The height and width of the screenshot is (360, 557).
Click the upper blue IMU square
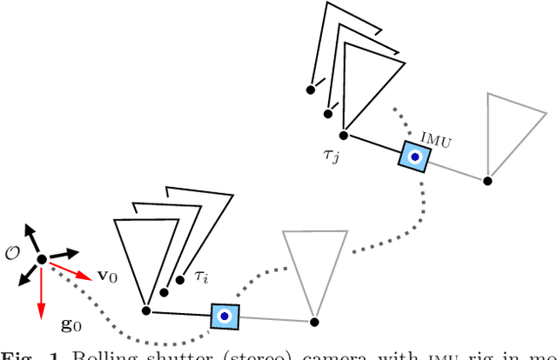click(x=415, y=157)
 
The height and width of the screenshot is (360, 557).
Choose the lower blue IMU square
click(x=225, y=315)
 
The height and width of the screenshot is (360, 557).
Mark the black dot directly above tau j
click(x=344, y=135)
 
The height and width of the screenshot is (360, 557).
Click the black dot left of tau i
click(x=178, y=280)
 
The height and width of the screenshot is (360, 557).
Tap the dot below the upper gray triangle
click(x=487, y=181)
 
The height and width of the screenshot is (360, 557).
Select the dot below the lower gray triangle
click(x=314, y=321)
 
